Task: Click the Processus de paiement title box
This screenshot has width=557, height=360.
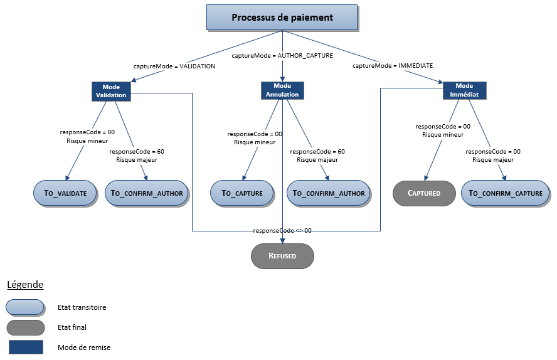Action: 282,18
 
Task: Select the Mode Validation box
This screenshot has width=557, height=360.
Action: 111,91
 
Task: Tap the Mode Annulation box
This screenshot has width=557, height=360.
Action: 282,90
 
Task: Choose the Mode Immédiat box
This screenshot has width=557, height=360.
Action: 464,90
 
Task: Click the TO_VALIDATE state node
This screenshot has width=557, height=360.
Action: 65,193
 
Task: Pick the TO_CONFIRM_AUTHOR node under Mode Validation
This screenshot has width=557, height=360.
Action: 147,193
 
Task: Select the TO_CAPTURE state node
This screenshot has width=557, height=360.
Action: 241,193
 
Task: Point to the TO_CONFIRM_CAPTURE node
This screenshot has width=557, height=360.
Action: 506,193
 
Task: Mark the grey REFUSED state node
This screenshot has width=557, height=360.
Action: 282,256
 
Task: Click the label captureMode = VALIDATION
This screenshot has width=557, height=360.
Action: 174,66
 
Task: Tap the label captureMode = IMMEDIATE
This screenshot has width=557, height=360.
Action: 393,66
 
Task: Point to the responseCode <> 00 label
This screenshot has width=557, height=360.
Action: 282,231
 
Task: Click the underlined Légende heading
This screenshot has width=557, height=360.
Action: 25,285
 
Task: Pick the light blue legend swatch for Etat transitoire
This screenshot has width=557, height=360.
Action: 25,307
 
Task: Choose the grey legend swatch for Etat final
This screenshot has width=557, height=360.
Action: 26,327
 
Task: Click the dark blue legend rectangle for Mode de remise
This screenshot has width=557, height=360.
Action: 26,347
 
